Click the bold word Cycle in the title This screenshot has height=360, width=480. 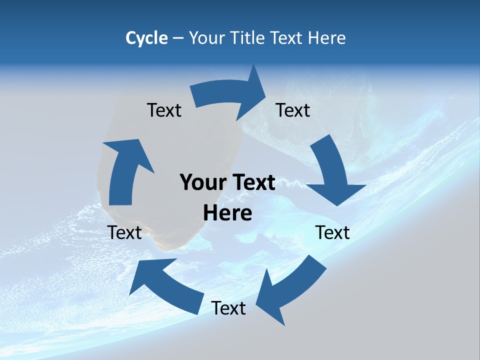(146, 38)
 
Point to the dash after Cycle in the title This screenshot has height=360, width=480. (177, 38)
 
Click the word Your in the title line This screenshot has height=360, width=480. (207, 38)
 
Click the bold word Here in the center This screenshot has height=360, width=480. (227, 213)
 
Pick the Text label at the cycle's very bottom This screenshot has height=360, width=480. (228, 308)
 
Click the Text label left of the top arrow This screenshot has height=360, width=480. (164, 110)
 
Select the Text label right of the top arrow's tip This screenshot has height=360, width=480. (293, 110)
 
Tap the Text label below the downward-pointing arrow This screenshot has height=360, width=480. (332, 232)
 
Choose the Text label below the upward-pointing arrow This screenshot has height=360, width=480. (124, 232)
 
